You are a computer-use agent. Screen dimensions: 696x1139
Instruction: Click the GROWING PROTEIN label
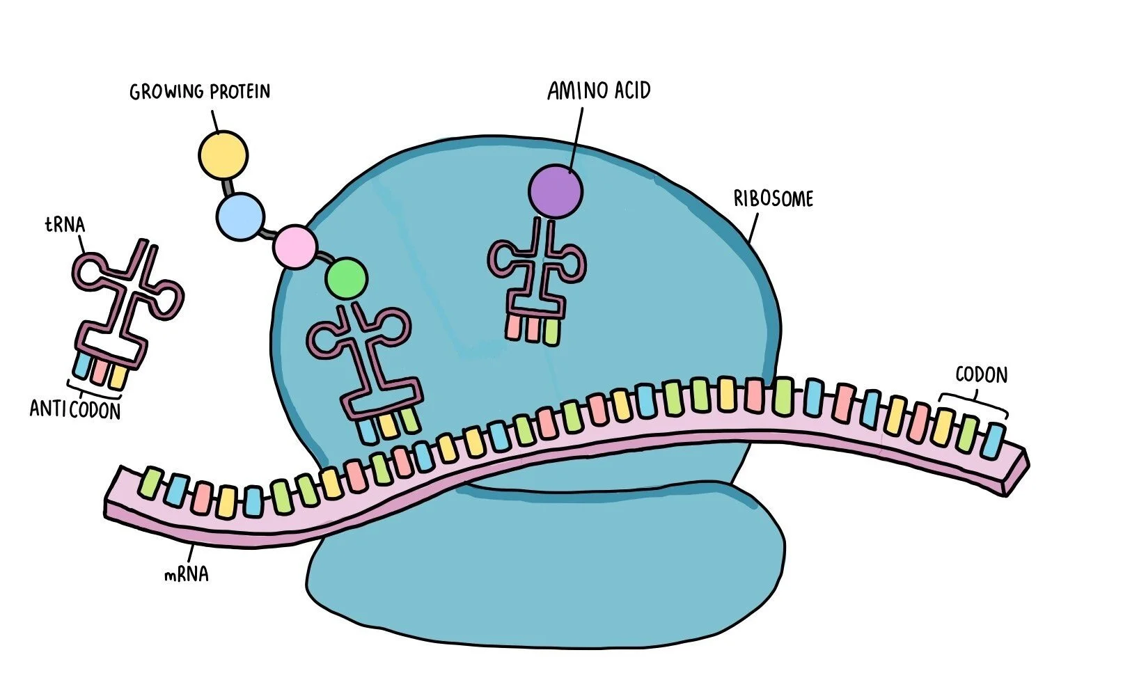199,92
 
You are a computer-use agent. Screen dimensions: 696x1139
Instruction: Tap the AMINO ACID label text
598,91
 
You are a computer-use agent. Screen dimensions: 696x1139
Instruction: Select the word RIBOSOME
773,199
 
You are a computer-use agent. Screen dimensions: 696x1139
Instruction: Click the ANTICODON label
75,409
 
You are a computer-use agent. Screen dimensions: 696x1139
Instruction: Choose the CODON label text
981,375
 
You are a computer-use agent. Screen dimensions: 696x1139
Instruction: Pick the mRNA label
186,575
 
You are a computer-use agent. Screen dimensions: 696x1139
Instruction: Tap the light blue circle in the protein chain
240,216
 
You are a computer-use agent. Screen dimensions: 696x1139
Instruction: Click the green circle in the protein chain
346,278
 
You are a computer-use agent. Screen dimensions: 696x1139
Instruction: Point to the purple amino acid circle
555,191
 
